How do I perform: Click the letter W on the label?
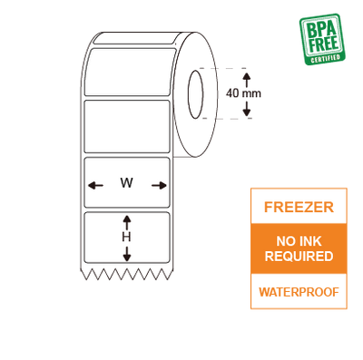click(126, 183)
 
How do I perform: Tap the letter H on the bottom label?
click(127, 237)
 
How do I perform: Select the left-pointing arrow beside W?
click(94, 185)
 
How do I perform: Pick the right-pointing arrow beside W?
click(160, 185)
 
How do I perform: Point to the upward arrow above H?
click(127, 221)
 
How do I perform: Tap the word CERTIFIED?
click(325, 58)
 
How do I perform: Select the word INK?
click(310, 241)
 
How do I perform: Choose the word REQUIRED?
click(299, 257)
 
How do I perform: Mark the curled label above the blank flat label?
click(127, 71)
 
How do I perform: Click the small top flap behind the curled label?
click(136, 38)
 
